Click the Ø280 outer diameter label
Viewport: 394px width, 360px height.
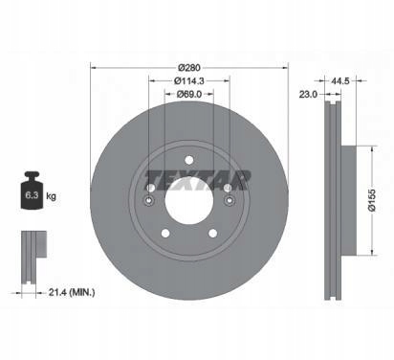coord(189,68)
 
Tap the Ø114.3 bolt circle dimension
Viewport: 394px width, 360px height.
coord(189,81)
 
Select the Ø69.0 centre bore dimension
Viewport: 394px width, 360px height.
coord(189,94)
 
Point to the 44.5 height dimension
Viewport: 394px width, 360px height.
coord(340,81)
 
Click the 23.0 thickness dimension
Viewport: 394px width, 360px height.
coord(308,94)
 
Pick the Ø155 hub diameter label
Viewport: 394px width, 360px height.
coord(372,200)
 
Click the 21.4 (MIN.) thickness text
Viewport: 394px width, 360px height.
coord(72,292)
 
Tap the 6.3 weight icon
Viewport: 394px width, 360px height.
coord(32,191)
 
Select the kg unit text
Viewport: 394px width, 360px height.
coord(51,195)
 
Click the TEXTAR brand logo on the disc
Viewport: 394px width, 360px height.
coord(198,181)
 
